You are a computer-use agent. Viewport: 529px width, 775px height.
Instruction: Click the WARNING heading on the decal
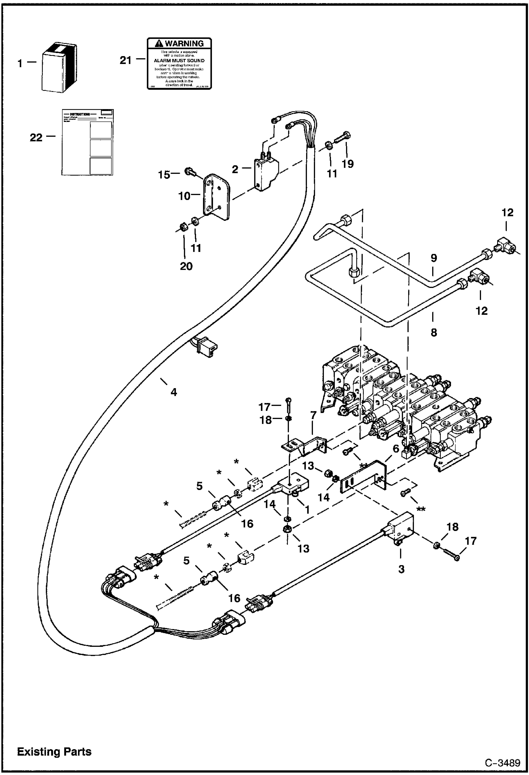(179, 43)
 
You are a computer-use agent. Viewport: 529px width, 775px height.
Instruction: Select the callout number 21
(125, 61)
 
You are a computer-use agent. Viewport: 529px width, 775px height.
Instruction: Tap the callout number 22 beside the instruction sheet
(36, 137)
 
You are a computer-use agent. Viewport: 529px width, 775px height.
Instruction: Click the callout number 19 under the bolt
(347, 164)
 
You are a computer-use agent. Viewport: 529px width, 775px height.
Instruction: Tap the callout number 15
(164, 174)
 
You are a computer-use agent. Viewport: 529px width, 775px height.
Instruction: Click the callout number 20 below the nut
(186, 266)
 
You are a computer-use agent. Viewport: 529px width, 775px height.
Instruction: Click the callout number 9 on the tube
(433, 258)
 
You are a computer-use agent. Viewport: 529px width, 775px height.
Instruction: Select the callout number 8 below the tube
(434, 332)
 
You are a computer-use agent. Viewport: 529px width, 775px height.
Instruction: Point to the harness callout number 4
(173, 392)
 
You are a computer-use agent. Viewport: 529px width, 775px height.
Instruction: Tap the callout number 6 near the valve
(396, 449)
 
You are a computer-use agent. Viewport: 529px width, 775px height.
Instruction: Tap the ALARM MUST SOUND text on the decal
(179, 60)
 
